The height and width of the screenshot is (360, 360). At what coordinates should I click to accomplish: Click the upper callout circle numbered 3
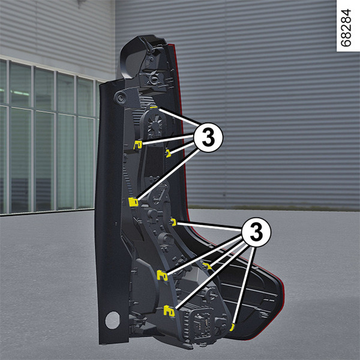[208, 137]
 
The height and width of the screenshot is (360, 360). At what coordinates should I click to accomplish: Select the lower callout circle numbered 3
[256, 232]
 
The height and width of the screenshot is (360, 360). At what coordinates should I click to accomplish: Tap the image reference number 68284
[346, 28]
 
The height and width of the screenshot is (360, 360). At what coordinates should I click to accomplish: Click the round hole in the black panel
[112, 320]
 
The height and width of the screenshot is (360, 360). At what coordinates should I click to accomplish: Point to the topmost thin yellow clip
[154, 107]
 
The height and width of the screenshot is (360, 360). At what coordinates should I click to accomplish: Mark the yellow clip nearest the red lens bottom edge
[232, 327]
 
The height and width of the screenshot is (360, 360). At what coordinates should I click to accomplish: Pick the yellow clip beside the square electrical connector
[169, 311]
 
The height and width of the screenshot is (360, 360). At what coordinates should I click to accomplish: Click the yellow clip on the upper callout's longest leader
[133, 202]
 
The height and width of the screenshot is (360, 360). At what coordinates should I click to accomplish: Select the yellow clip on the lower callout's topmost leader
[174, 222]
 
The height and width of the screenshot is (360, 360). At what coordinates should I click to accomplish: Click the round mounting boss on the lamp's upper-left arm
[120, 98]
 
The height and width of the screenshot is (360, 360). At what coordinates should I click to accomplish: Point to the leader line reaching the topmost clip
[179, 117]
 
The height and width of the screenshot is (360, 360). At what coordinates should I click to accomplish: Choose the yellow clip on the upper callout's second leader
[138, 145]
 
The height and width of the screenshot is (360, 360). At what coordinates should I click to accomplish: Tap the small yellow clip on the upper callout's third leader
[169, 154]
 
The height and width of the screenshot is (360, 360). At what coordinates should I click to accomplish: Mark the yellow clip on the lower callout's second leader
[163, 275]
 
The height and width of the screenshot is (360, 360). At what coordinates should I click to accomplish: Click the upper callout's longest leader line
[168, 174]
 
